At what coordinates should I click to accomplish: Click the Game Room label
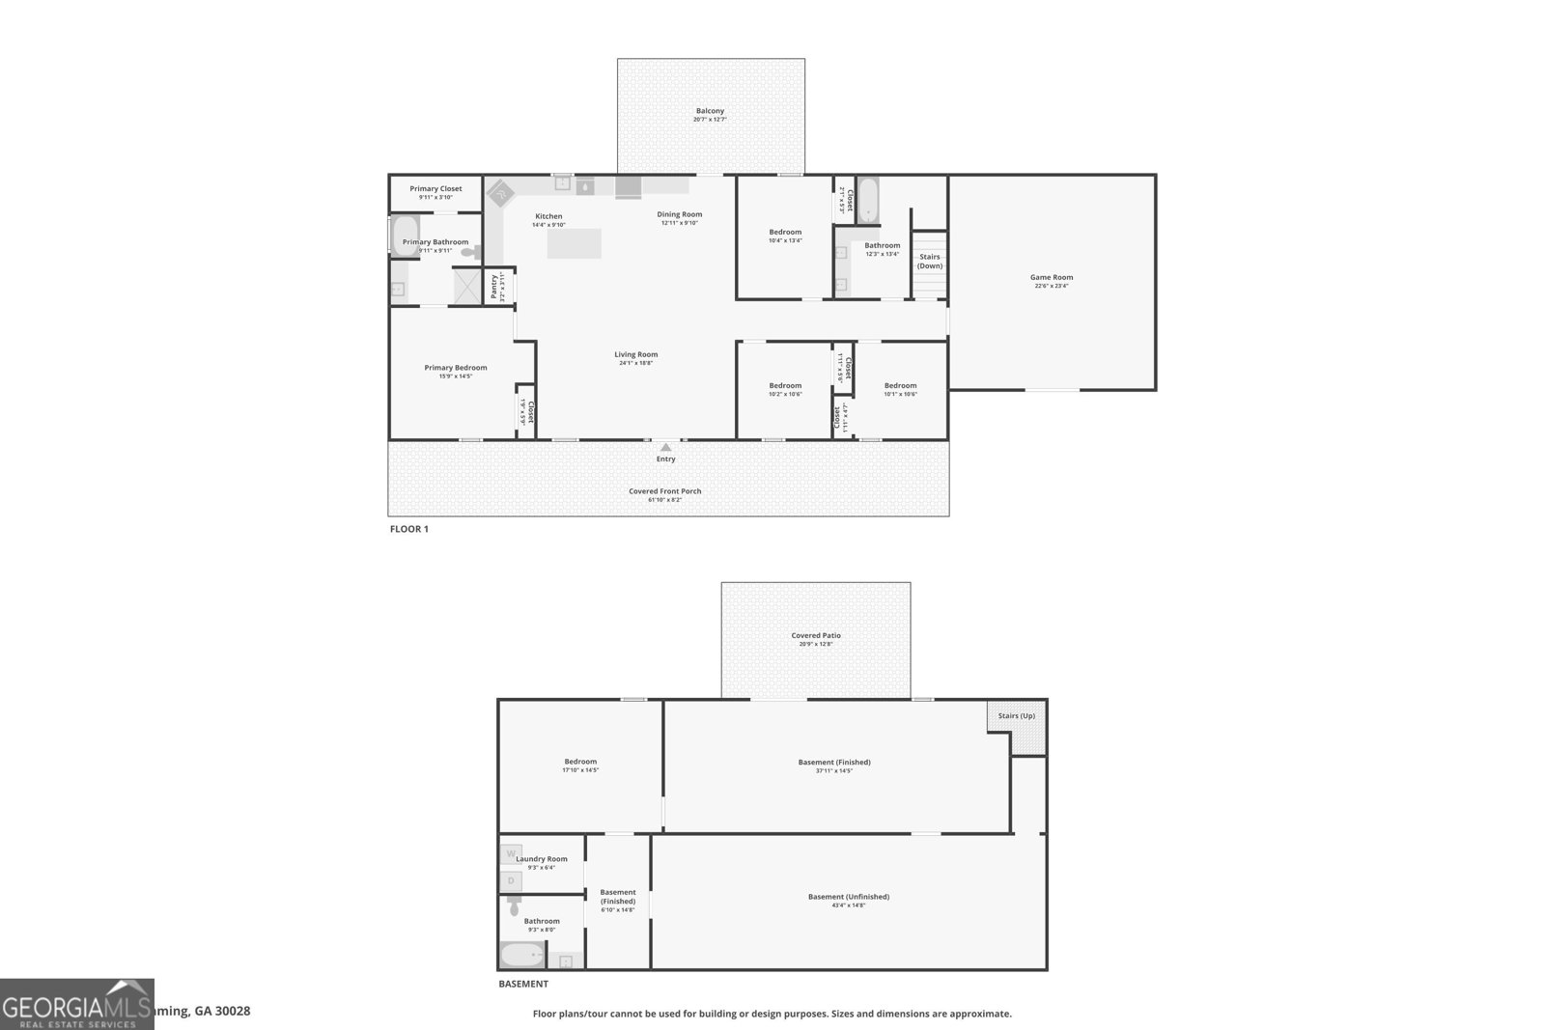[1052, 277]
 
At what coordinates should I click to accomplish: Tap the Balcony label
[710, 111]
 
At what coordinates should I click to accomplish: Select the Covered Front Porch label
[665, 491]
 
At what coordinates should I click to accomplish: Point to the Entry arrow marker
[665, 447]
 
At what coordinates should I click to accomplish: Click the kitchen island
[574, 243]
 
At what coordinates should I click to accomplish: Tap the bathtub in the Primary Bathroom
[406, 236]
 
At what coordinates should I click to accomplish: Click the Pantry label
[494, 287]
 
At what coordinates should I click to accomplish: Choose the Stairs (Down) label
[930, 262]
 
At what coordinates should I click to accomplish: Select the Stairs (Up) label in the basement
[1016, 715]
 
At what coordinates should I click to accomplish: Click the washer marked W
[511, 853]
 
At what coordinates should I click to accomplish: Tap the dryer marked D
[511, 880]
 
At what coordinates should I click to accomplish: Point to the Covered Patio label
[816, 635]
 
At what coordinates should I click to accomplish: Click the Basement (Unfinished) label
[849, 897]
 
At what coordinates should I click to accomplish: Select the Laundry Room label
[542, 859]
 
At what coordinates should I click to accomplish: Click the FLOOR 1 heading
[408, 529]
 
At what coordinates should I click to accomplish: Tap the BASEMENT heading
[523, 985]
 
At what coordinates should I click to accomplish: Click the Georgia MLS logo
[77, 1004]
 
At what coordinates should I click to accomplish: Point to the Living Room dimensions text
[636, 363]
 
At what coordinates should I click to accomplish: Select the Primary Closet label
[435, 188]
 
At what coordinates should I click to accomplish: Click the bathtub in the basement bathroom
[522, 956]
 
